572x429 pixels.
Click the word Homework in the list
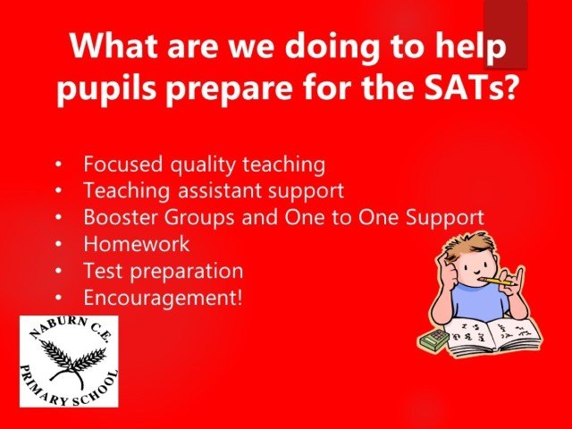point(137,244)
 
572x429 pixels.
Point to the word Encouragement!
point(163,298)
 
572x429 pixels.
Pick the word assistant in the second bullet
point(220,190)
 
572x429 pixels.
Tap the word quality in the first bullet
point(203,165)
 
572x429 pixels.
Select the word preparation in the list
point(187,272)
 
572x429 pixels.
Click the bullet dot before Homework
point(59,244)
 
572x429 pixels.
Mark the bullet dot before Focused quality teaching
point(59,164)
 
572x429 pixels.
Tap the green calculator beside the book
point(433,340)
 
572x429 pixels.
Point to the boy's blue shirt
point(478,301)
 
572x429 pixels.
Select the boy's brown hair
point(471,245)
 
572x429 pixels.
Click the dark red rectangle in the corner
point(506,34)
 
